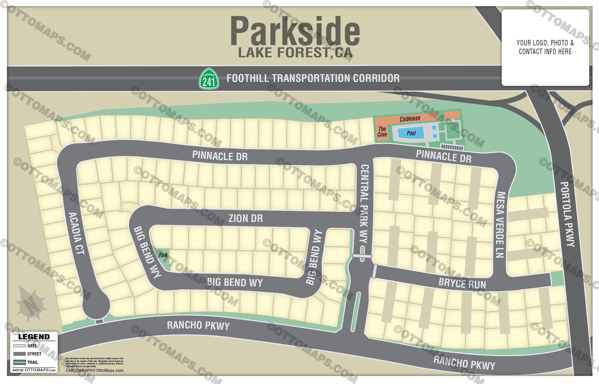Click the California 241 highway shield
click(209, 79)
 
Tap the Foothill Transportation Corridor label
click(313, 78)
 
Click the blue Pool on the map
click(411, 133)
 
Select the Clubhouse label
click(410, 119)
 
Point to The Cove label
click(382, 132)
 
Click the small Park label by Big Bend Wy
click(163, 255)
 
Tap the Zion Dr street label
click(246, 219)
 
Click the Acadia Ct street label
click(76, 233)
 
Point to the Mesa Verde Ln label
click(500, 225)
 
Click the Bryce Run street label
click(462, 283)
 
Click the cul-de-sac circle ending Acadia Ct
click(96, 305)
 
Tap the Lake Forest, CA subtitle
click(295, 53)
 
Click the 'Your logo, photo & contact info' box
click(545, 47)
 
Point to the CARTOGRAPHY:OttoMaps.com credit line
click(94, 371)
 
